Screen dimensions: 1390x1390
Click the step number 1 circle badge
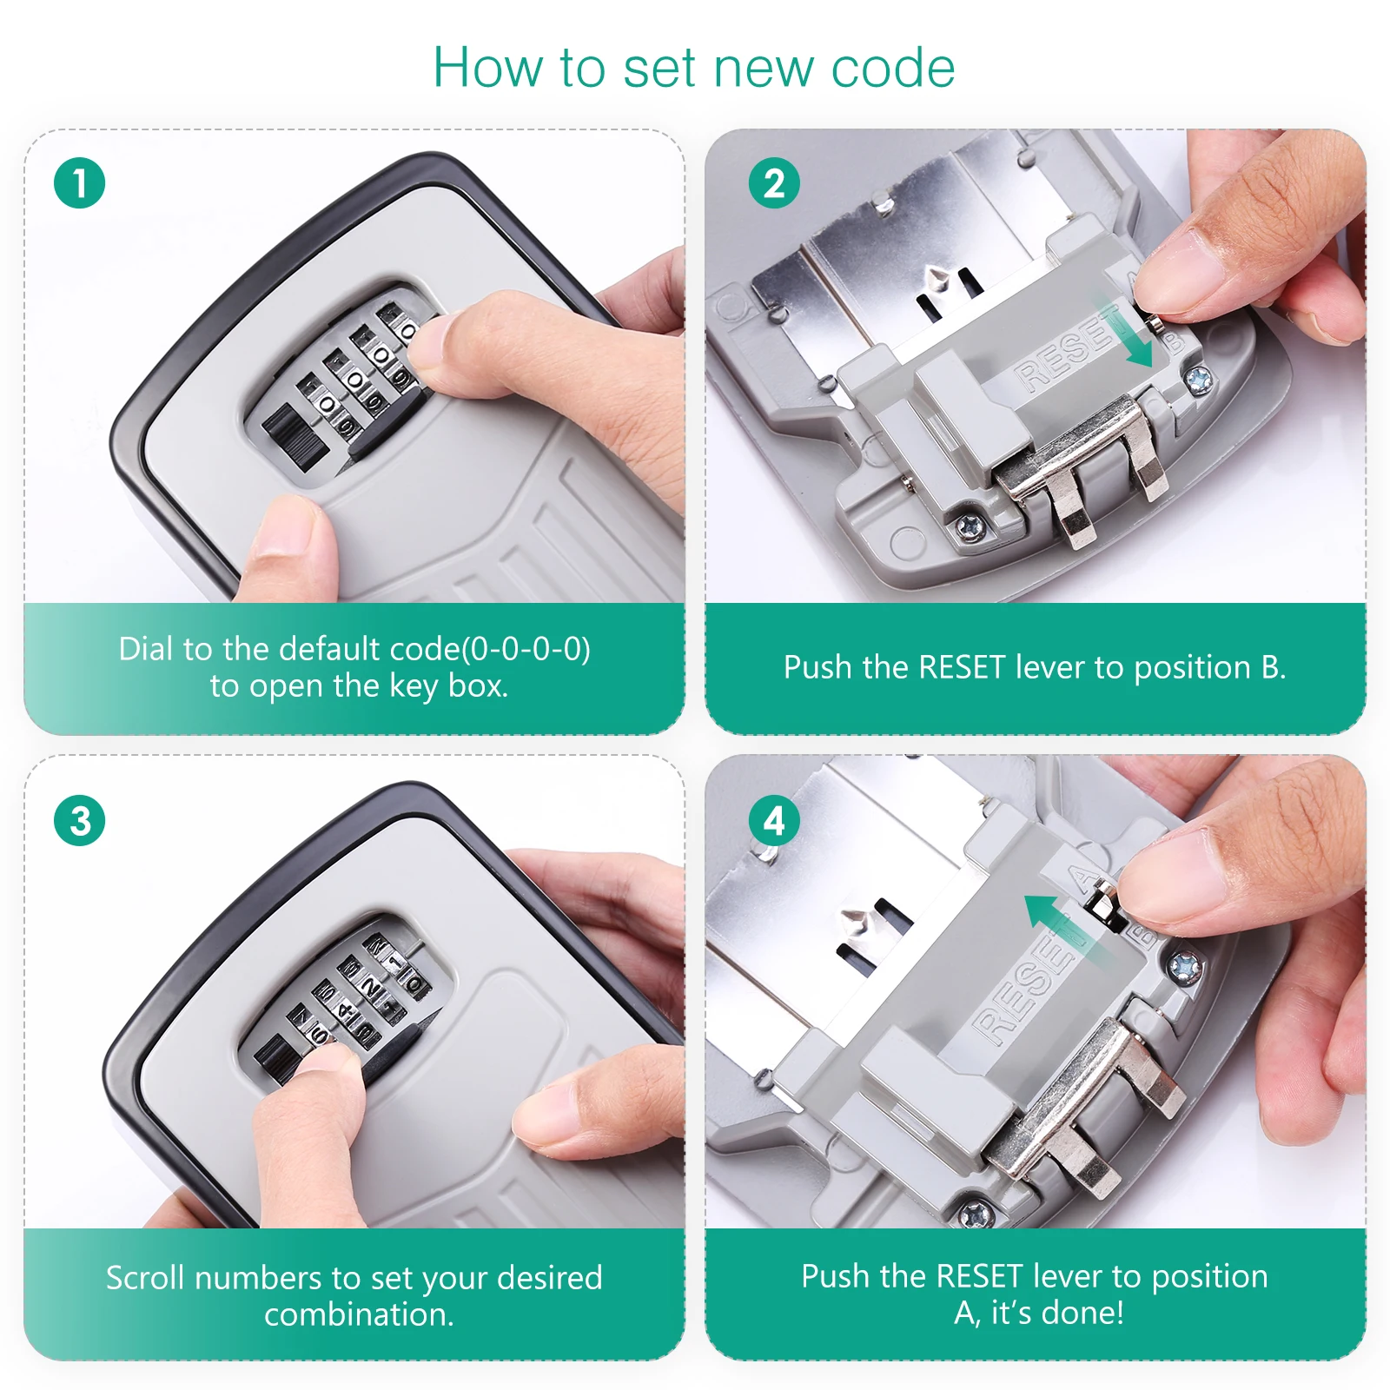click(x=79, y=183)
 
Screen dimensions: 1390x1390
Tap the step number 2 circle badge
click(x=774, y=183)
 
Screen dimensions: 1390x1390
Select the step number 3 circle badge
click(x=79, y=821)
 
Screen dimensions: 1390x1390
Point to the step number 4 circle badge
click(x=774, y=821)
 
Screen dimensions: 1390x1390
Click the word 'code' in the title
click(x=893, y=68)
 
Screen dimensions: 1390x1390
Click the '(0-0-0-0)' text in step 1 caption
click(x=526, y=649)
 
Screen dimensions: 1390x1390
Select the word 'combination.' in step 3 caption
click(x=360, y=1314)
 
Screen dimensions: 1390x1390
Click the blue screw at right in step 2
click(x=1200, y=379)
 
